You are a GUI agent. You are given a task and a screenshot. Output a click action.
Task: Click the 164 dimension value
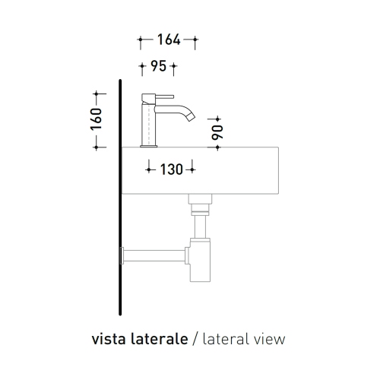point(167,40)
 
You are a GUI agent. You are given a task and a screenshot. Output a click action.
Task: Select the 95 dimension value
point(158,67)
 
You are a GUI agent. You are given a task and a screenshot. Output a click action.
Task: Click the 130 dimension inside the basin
point(171,169)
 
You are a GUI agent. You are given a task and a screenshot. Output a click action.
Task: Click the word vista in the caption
point(109,338)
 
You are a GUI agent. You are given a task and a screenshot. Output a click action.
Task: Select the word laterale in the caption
point(163,338)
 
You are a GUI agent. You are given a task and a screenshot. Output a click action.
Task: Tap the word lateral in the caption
point(226,338)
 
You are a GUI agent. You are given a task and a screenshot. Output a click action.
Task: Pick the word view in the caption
point(270,338)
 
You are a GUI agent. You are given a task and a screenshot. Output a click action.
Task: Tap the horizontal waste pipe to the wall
point(156,253)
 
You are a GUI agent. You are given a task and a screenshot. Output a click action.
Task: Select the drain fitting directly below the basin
point(199,202)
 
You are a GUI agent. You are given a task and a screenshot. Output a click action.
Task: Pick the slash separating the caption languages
point(196,338)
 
